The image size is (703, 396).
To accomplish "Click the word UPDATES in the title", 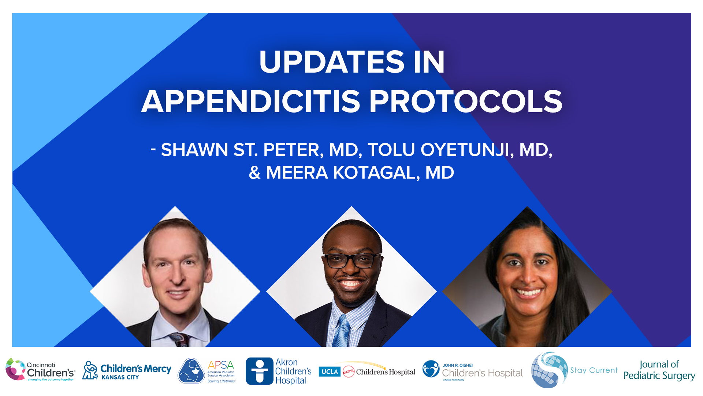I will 332,62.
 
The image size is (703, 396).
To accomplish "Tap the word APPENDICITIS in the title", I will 250,102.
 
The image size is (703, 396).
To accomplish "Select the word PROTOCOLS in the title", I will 466,102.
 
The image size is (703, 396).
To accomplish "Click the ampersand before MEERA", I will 254,173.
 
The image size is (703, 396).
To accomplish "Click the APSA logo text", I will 221,365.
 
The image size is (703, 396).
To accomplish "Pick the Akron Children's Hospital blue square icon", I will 259,371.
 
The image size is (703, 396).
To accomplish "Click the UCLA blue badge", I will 330,372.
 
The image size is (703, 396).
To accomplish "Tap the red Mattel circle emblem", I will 348,372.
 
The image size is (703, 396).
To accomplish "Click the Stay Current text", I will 594,370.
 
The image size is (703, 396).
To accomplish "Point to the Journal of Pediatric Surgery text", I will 659,370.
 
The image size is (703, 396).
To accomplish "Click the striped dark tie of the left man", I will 179,339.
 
